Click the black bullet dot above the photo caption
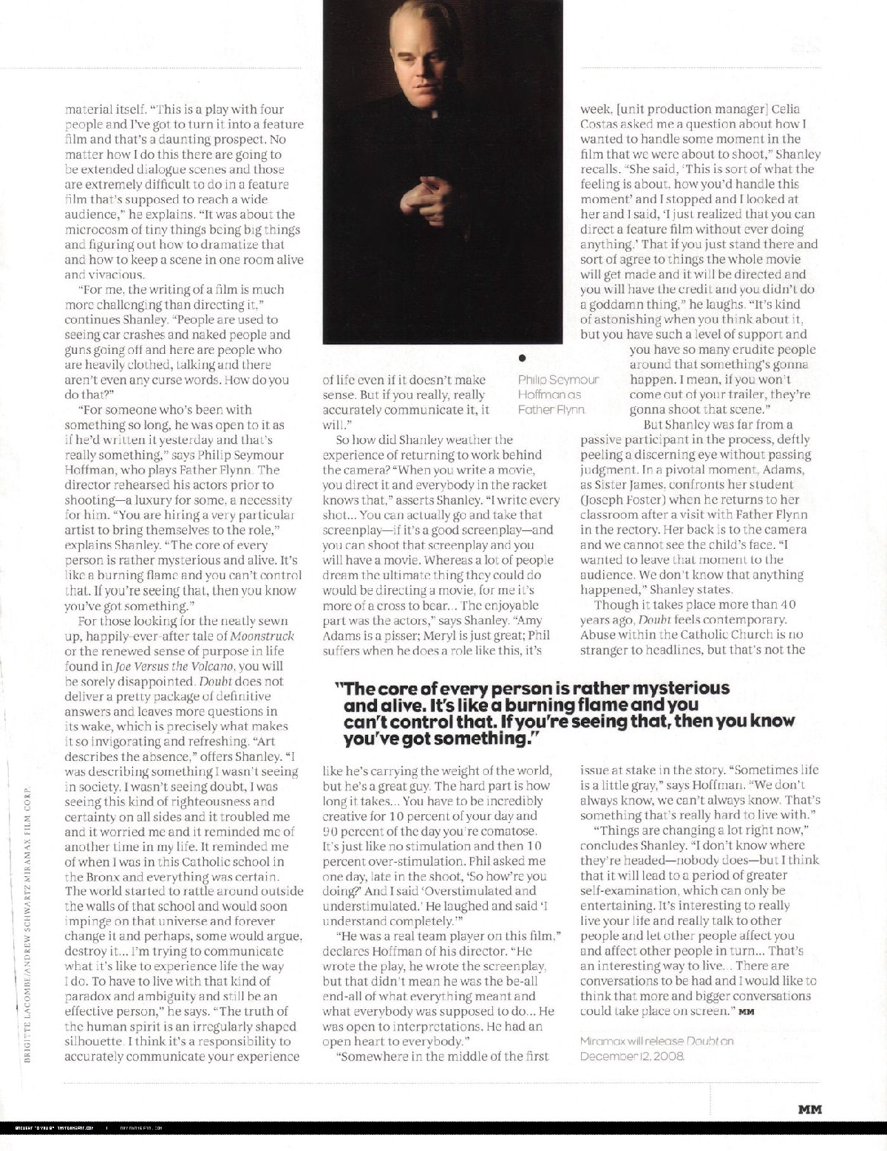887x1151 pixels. pos(522,358)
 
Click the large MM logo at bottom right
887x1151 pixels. pos(810,1108)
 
